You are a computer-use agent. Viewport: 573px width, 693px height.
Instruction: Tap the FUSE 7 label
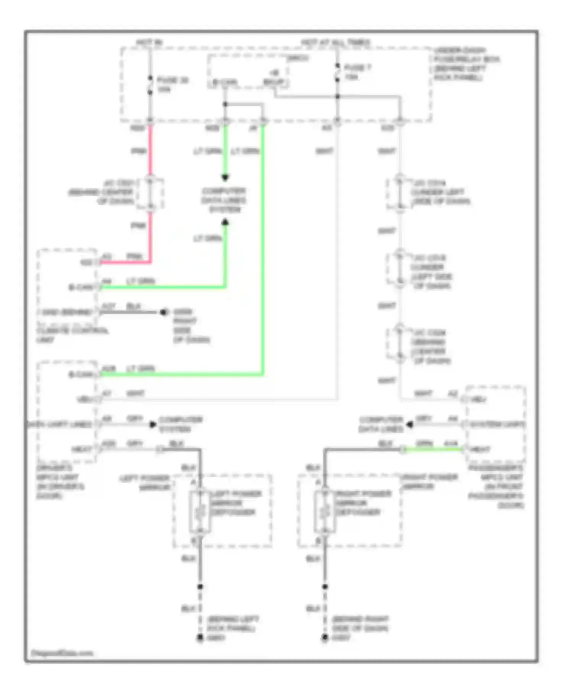pos(357,68)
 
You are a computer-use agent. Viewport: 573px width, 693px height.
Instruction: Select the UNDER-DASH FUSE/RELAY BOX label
pos(466,64)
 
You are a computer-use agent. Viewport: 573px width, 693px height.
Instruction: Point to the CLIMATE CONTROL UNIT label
pos(72,335)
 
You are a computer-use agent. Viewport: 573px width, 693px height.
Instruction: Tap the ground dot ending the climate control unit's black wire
pos(163,312)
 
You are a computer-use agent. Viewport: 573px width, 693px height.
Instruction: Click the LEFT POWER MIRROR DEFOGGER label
pos(236,503)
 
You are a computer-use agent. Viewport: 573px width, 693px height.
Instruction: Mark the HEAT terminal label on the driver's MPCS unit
pos(82,449)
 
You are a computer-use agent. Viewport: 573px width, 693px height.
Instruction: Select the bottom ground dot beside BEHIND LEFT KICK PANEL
pos(200,637)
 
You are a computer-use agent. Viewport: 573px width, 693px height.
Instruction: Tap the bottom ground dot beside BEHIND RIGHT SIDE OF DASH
pos(325,637)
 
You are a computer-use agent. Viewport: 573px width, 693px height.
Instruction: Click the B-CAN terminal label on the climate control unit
pos(81,287)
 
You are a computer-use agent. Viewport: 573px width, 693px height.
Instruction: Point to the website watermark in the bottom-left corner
pos(62,653)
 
